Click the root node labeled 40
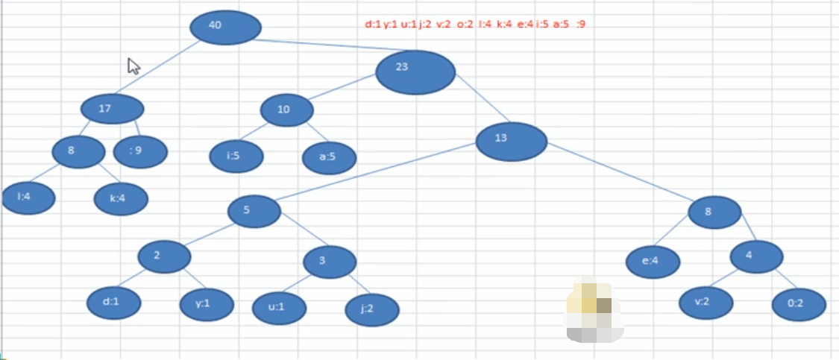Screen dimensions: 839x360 coord(225,28)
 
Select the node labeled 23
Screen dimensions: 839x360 coord(415,72)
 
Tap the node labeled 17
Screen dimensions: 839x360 coord(112,110)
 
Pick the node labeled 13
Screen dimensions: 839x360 coord(511,141)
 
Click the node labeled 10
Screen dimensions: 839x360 coord(287,110)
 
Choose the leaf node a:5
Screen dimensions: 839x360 coord(329,158)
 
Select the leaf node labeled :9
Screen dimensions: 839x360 coord(140,152)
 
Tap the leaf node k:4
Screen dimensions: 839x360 coord(121,199)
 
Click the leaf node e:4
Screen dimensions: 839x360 coord(653,262)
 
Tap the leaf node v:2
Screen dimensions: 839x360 coord(706,302)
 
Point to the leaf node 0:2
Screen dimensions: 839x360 coord(799,304)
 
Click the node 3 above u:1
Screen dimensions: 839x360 coord(329,261)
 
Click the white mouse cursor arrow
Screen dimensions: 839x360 coord(133,66)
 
